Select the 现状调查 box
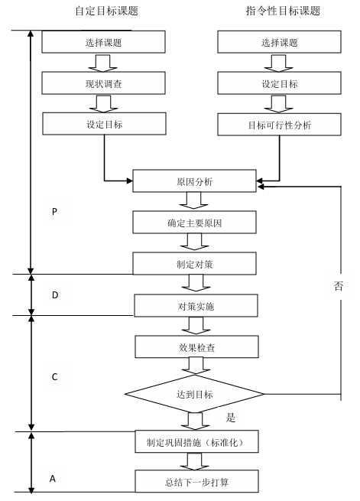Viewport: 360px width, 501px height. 103,82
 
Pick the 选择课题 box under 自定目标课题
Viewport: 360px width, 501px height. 103,41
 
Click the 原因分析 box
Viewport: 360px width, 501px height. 193,182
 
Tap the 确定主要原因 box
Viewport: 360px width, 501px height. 193,223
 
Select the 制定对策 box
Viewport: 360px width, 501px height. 193,264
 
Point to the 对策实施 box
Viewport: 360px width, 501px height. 194,306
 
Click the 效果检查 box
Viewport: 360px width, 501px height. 194,347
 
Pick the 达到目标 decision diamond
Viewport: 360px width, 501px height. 194,395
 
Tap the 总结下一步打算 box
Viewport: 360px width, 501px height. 193,481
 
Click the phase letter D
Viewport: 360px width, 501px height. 54,294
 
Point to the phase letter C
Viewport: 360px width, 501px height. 54,377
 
